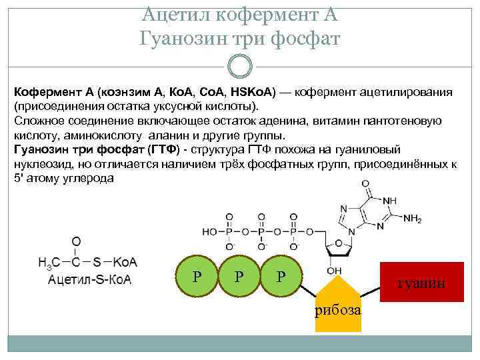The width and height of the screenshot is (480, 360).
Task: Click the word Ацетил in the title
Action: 175,13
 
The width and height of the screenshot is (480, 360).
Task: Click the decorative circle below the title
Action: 240,67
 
